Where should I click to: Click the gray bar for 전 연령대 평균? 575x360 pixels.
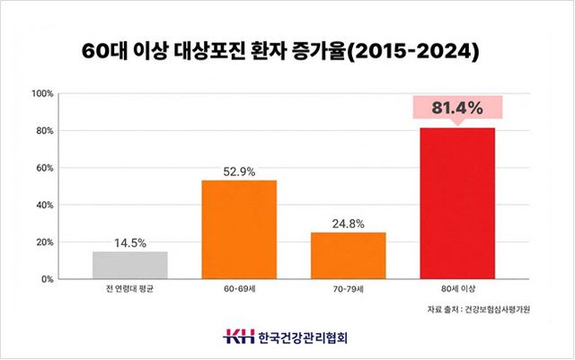click(x=130, y=265)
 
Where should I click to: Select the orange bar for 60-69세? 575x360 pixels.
click(x=239, y=230)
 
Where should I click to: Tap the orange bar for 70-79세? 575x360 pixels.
click(x=348, y=256)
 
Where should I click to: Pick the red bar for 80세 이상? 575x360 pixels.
click(x=456, y=203)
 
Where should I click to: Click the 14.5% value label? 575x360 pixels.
click(x=130, y=242)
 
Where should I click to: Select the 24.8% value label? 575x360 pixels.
click(x=348, y=224)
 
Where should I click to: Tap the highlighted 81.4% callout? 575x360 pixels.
click(x=456, y=108)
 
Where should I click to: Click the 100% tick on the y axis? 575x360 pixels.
click(x=43, y=93)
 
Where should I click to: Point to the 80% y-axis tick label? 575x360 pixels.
click(x=46, y=131)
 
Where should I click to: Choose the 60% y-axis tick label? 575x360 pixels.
click(x=46, y=168)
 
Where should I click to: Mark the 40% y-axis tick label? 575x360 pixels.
click(x=46, y=205)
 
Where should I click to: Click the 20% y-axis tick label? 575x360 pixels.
click(x=46, y=242)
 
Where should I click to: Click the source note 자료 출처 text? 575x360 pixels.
click(x=479, y=311)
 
